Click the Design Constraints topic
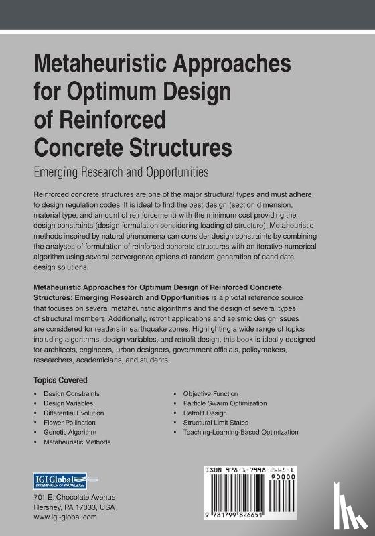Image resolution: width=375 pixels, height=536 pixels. [69, 393]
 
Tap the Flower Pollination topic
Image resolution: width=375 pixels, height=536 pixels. [68, 423]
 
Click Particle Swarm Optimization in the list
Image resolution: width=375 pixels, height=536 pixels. [225, 403]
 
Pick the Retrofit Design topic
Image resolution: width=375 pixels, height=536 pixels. [205, 413]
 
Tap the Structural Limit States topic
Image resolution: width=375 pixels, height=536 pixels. [215, 423]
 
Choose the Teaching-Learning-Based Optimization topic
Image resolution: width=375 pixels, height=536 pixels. [240, 433]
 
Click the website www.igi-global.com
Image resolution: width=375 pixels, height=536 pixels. [65, 517]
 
